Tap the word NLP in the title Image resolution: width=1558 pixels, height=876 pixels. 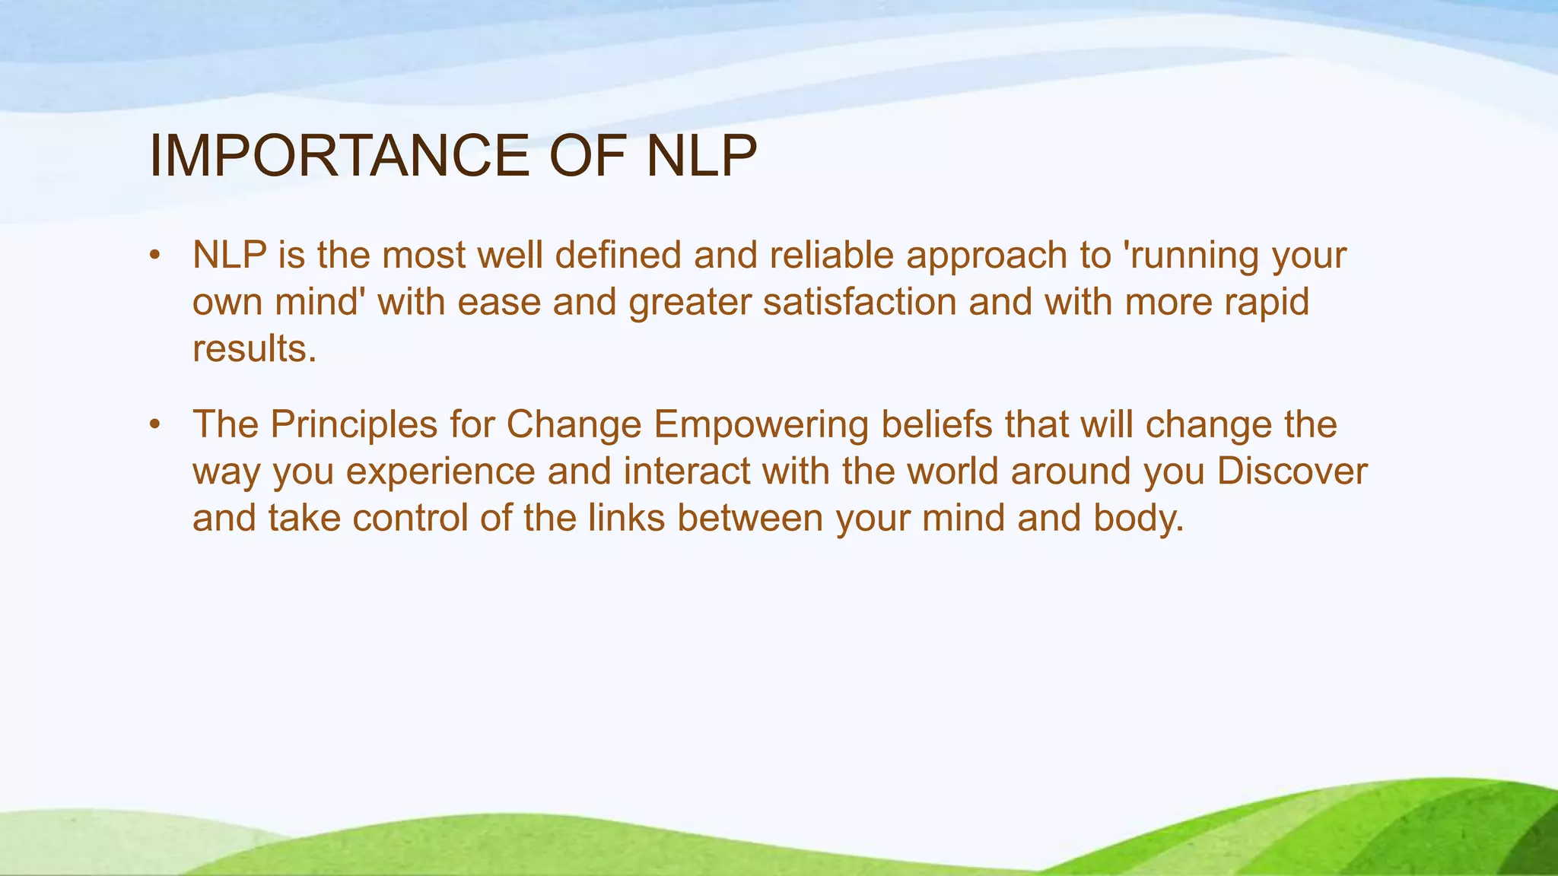pos(701,156)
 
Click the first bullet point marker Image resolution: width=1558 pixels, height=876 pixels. pos(155,255)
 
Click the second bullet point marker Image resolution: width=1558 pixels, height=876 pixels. pos(155,425)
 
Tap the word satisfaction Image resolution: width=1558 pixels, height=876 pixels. pos(860,302)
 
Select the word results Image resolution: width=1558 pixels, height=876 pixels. pos(253,349)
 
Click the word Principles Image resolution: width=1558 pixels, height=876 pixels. pos(354,425)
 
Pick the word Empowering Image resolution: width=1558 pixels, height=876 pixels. pos(761,425)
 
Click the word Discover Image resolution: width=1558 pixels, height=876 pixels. pos(1292,471)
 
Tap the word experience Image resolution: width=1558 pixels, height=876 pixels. pos(441,471)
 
